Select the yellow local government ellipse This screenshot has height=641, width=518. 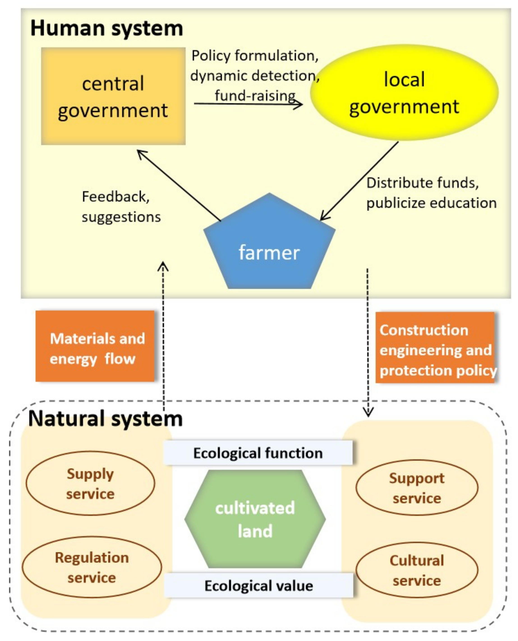coord(404,92)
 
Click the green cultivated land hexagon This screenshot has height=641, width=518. coord(255,519)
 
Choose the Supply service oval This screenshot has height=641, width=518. coord(90,483)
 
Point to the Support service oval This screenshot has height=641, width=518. coord(417,488)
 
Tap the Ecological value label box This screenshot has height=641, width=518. coord(258,586)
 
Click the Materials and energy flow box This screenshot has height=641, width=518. coord(95,346)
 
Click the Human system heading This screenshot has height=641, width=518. coord(106,28)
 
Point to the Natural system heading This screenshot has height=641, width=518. coord(105,419)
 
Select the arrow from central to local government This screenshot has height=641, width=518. coord(248,104)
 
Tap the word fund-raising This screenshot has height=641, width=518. coord(255,95)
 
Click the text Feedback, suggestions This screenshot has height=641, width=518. coord(121,207)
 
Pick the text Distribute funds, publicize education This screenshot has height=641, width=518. coord(431,193)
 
